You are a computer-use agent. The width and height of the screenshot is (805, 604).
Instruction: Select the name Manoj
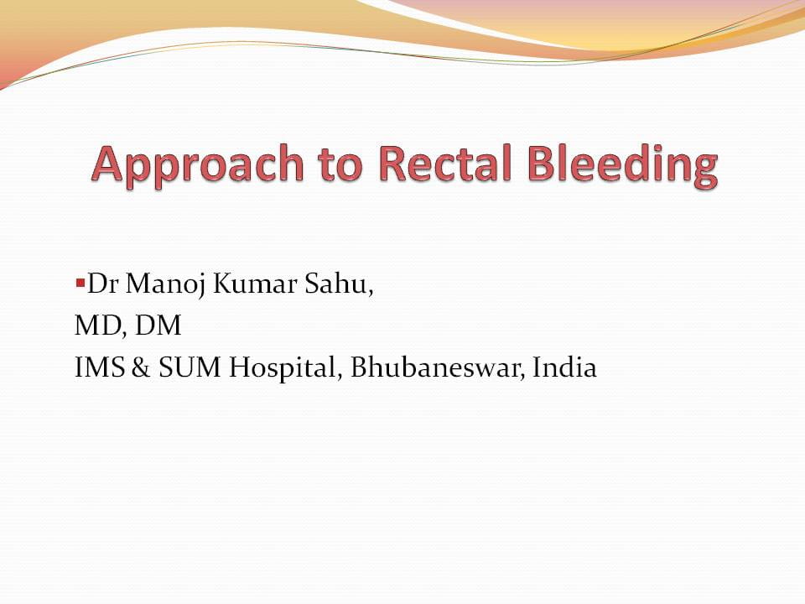coord(158,286)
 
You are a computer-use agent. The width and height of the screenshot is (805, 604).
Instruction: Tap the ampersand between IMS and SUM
coord(138,367)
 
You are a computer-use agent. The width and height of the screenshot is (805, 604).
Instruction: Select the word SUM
coord(179,367)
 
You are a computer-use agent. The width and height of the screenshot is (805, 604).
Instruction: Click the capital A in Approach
coord(110,164)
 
